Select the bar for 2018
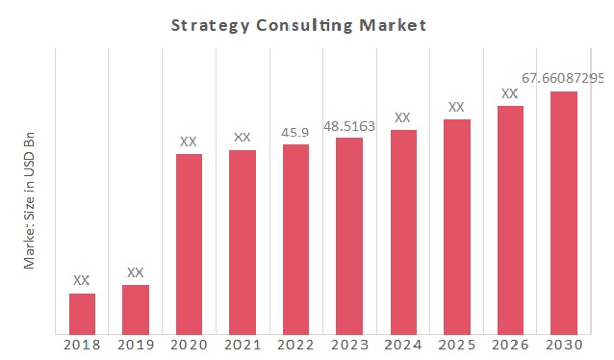[82, 314]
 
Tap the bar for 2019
[136, 309]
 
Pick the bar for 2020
[189, 244]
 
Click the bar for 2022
[296, 240]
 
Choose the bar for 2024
[403, 232]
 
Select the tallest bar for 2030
[564, 213]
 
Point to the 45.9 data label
[295, 131]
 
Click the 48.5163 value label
[349, 125]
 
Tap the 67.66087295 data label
[563, 77]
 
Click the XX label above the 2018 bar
[82, 280]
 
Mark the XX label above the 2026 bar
[510, 93]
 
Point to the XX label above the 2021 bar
[243, 138]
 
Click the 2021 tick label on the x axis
[243, 346]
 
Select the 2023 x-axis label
[349, 346]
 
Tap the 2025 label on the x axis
[456, 346]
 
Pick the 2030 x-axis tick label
[564, 346]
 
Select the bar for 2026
[510, 220]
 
